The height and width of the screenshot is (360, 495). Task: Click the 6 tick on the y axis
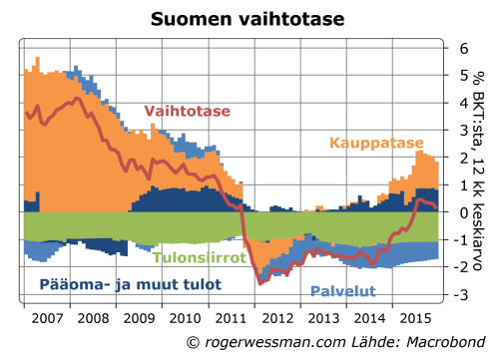tap(463, 48)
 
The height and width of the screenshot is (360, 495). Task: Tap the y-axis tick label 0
tap(463, 212)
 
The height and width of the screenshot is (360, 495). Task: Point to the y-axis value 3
tap(463, 130)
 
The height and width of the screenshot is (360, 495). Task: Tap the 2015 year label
tap(414, 318)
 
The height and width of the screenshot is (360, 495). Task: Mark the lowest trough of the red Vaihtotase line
tap(260, 283)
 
